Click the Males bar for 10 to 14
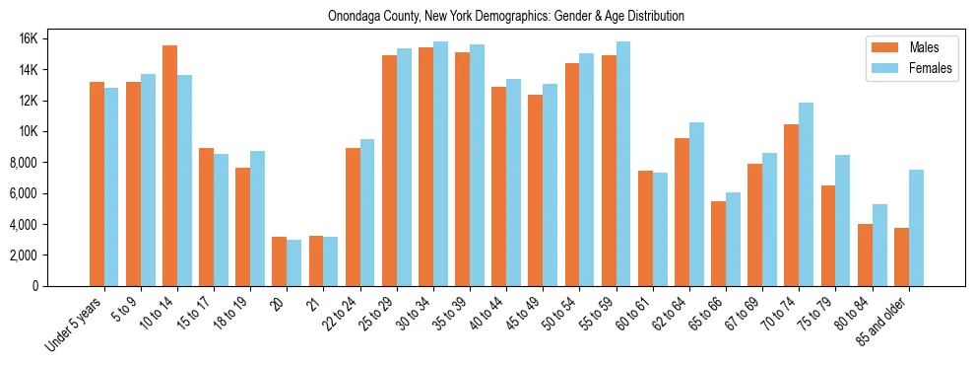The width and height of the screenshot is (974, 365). point(169,166)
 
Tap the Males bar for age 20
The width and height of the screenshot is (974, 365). point(280,261)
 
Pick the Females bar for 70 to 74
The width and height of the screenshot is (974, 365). point(807,194)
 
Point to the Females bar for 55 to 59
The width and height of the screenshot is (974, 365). point(623,164)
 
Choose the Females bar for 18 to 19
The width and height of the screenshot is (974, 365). point(258,218)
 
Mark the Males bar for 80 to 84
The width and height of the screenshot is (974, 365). point(865,255)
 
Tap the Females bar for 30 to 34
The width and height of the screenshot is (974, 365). point(440,164)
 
